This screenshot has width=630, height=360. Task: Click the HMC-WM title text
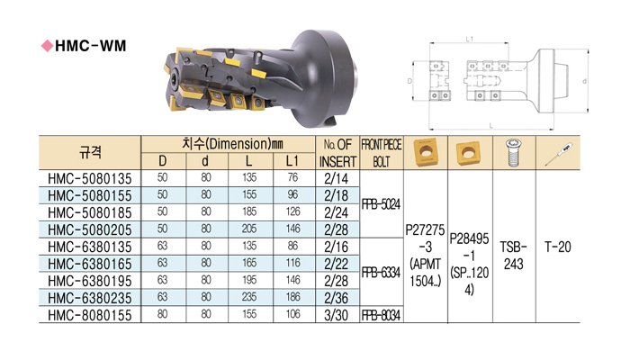90,46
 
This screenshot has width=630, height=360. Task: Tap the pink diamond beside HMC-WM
47,46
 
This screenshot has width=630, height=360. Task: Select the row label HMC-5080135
90,178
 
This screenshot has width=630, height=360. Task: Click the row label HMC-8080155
90,315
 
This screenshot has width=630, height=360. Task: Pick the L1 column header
292,161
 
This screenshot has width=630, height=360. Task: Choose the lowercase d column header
205,161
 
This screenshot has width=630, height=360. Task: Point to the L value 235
249,297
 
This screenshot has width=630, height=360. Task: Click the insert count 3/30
337,315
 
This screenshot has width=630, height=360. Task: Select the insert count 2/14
337,178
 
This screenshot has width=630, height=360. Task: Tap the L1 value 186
292,297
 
